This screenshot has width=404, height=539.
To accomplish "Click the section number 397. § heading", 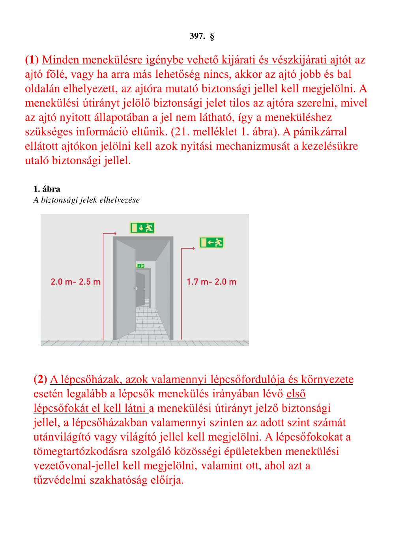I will pyautogui.click(x=202, y=37).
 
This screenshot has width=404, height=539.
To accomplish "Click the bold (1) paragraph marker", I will pyautogui.click(x=32, y=60).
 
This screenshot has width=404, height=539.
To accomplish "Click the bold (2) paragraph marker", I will pyautogui.click(x=40, y=379).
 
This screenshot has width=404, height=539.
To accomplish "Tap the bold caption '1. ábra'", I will pyautogui.click(x=47, y=189).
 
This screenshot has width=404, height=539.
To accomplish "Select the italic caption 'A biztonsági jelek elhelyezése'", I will pyautogui.click(x=86, y=200).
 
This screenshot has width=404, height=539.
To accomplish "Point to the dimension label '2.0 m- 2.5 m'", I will pyautogui.click(x=75, y=282).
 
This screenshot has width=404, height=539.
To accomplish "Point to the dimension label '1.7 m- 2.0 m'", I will pyautogui.click(x=211, y=282).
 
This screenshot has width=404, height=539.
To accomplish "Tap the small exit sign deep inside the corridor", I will pyautogui.click(x=140, y=266).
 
